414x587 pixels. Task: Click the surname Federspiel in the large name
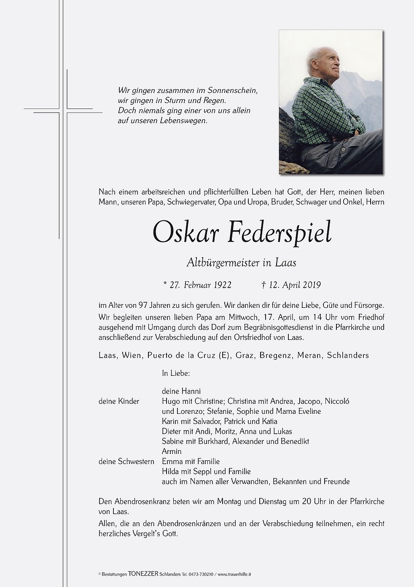[x=280, y=232]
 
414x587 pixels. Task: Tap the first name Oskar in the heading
[x=185, y=232]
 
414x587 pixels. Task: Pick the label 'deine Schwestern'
[x=126, y=462]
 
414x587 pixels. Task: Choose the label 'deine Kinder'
[x=119, y=401]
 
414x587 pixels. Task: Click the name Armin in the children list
[x=172, y=451]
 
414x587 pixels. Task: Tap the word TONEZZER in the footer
[x=144, y=574]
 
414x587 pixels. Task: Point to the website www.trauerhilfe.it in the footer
[x=234, y=574]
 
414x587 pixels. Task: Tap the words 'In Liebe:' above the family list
[x=176, y=373]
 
